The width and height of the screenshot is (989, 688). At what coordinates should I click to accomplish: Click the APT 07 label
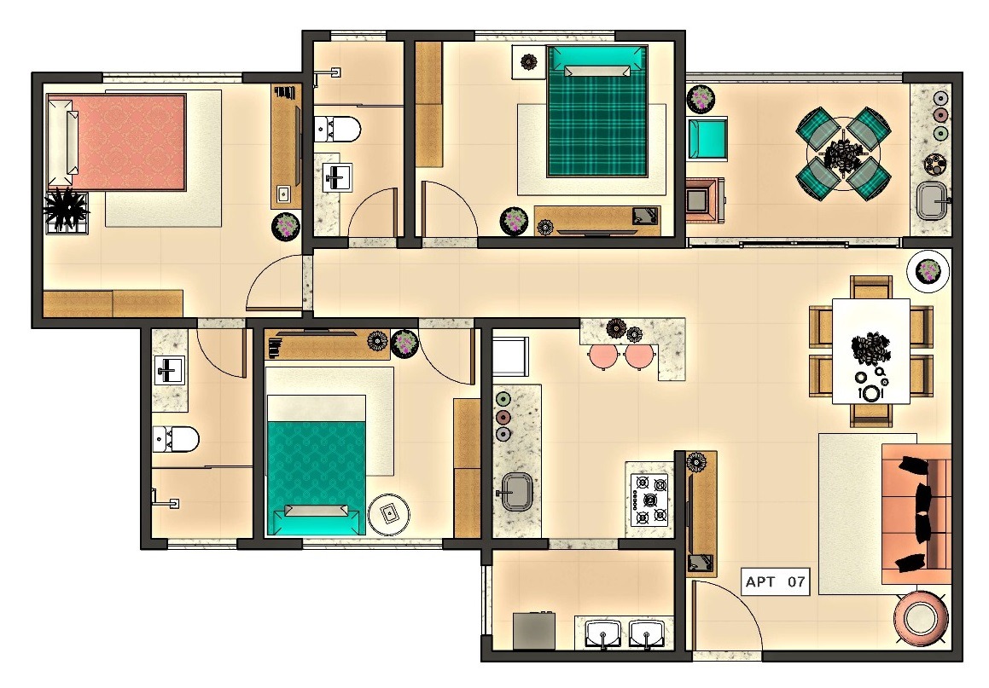pos(775,581)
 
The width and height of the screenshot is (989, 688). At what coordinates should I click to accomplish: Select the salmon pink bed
pos(117,142)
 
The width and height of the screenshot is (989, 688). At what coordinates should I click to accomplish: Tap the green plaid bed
pos(596,111)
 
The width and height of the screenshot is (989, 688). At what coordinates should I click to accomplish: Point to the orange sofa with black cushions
pos(916,513)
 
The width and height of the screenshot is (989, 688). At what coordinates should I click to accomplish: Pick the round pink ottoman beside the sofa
pos(922,617)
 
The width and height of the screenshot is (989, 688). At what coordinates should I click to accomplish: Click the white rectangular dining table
pos(871,351)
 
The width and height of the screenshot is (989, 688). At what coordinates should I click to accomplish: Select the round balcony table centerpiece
pos(844,154)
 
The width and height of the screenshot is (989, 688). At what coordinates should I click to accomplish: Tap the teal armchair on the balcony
pos(707,139)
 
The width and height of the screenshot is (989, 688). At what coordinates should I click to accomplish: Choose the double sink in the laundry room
pos(623,633)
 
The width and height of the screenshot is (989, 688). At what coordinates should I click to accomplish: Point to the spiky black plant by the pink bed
pos(65,209)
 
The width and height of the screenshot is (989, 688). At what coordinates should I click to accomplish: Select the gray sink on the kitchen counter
pos(516,491)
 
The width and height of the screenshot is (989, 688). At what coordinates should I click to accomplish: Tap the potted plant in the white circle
pos(928,271)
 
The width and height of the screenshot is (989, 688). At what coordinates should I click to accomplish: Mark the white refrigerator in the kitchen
pos(510,356)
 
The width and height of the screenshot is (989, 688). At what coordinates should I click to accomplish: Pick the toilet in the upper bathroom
pos(337,130)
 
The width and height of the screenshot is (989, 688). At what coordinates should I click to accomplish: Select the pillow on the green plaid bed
pos(597,71)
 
